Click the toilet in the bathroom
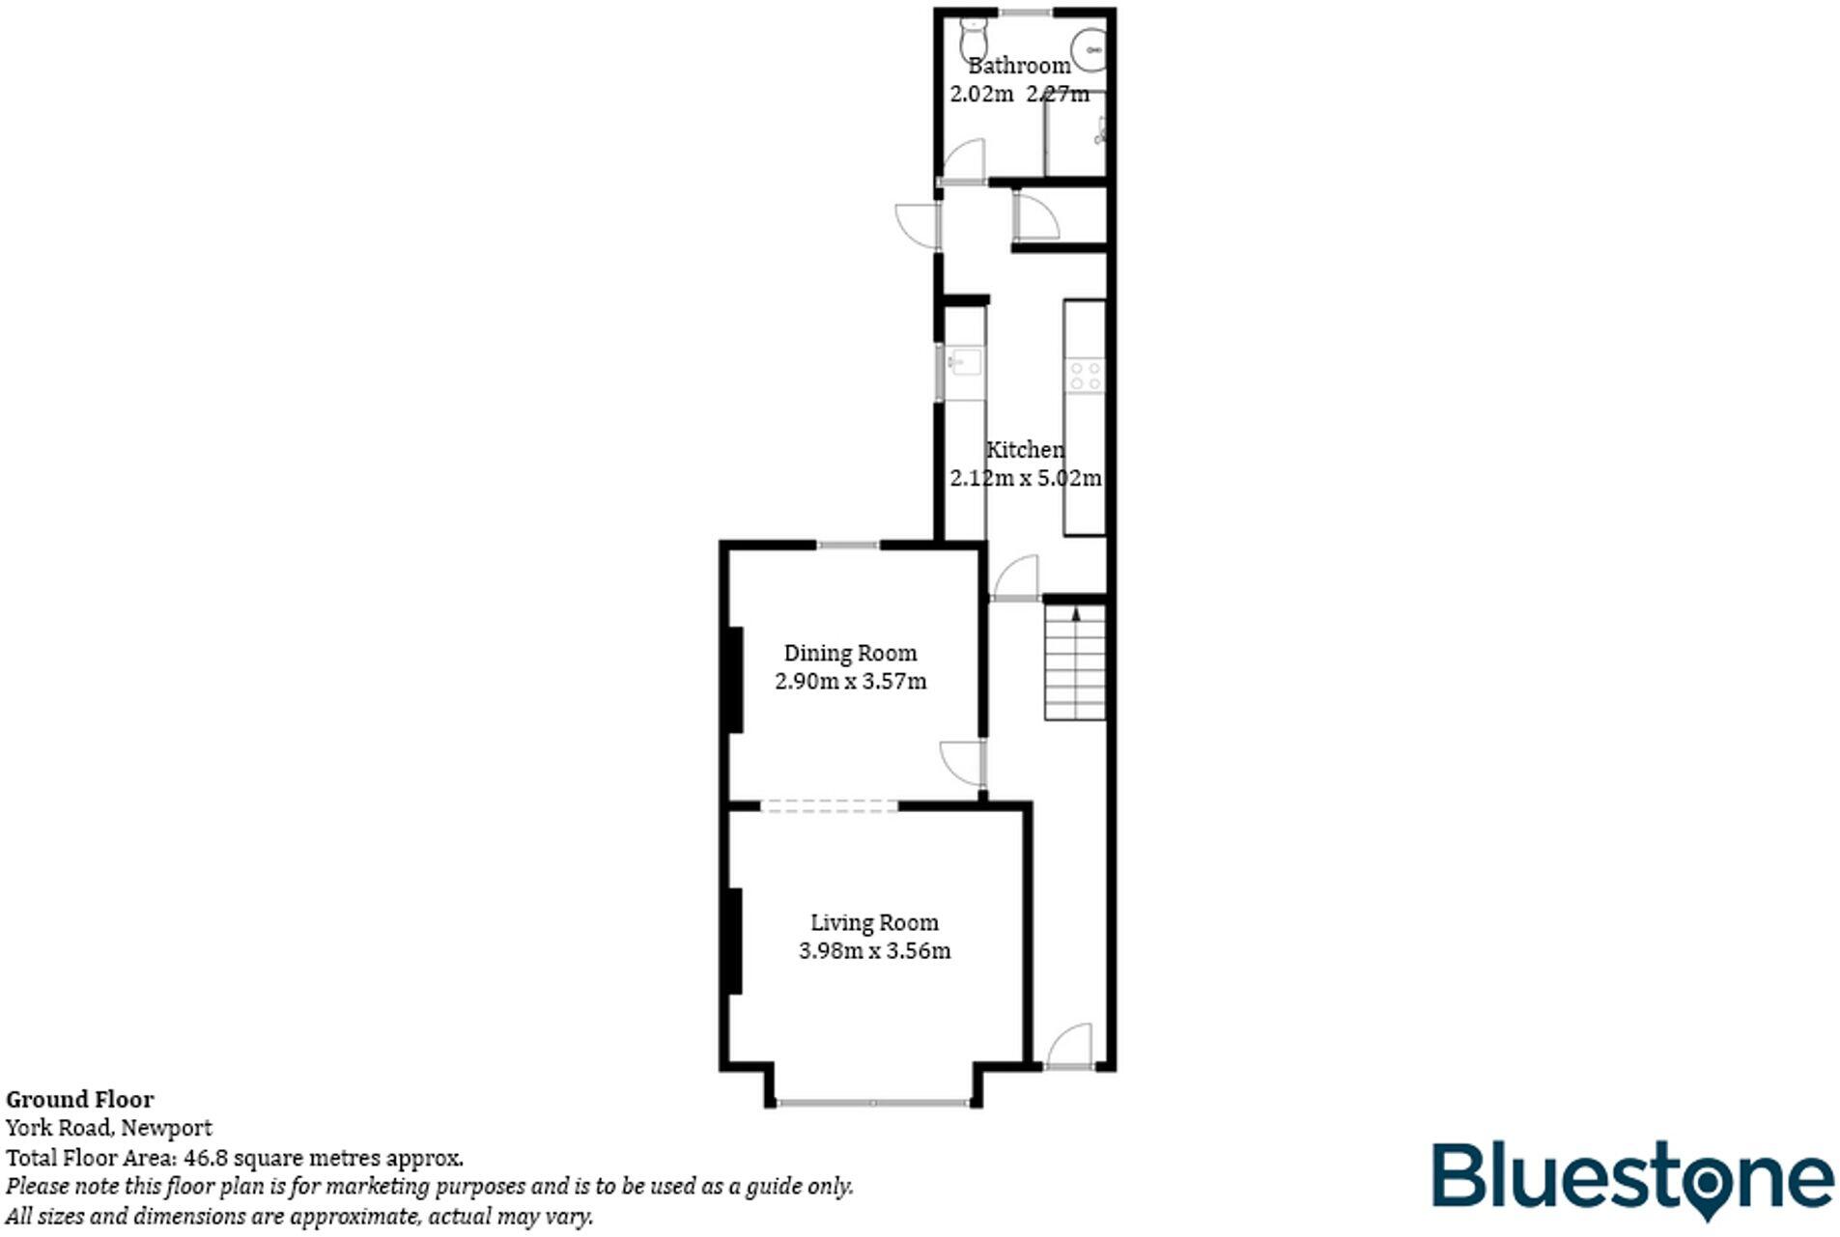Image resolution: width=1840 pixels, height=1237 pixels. (x=972, y=39)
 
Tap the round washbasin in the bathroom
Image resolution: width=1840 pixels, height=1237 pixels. (x=1090, y=46)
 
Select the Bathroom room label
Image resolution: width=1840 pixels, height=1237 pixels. (x=1019, y=66)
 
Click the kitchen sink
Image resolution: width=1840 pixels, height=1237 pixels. (x=964, y=363)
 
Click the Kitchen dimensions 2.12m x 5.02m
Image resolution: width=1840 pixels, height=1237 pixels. (x=1025, y=478)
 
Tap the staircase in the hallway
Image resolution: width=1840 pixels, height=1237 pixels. (x=1075, y=663)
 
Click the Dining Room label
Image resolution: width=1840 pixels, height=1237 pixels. (x=850, y=654)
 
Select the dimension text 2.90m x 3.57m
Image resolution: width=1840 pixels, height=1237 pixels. (x=850, y=682)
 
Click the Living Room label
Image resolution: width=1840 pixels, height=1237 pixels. (x=874, y=923)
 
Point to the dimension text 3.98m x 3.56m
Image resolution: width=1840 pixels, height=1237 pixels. (x=874, y=951)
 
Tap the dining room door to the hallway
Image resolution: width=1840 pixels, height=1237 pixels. (x=962, y=764)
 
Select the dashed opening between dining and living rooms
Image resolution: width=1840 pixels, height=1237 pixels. (x=829, y=805)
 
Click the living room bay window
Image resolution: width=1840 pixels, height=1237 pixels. (x=873, y=1102)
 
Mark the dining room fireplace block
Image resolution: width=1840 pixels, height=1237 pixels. (x=736, y=679)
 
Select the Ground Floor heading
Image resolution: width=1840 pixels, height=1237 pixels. (x=80, y=1099)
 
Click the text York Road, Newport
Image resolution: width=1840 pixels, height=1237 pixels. (x=109, y=1128)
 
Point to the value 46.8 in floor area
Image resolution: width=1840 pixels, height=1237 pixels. (x=205, y=1158)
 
